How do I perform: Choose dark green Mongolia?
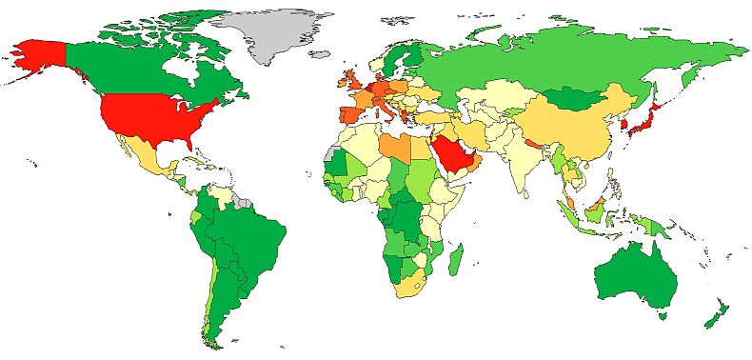[x=579, y=96]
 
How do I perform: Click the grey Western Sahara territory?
[x=330, y=153]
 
